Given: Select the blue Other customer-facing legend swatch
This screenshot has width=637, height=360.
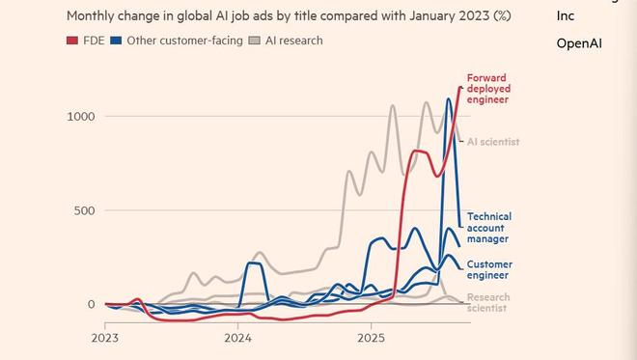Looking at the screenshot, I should [116, 41].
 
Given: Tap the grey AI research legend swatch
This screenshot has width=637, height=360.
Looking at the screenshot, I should [254, 41].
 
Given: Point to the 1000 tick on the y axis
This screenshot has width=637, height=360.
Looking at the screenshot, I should [81, 116].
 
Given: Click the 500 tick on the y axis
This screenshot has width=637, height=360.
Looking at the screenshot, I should [85, 210].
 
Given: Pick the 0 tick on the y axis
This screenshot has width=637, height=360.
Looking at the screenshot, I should [91, 304].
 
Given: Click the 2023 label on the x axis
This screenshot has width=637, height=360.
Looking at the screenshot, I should [105, 339].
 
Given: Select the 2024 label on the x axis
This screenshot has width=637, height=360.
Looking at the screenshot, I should [238, 339].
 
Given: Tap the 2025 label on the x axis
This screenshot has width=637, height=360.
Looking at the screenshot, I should [372, 339].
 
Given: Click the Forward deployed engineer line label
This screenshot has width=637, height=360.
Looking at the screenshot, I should [487, 89].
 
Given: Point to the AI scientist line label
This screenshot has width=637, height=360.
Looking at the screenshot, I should [493, 142].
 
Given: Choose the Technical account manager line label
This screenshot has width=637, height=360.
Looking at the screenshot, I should [489, 228].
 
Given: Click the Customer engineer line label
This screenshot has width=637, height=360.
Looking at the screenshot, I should [489, 269].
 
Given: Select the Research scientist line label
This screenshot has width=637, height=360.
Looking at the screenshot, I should [488, 303].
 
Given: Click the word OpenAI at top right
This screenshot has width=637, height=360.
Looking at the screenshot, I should [579, 43].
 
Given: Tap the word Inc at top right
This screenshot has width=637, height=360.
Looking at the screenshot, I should [567, 16].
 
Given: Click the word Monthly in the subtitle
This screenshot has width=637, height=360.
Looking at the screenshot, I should [92, 15].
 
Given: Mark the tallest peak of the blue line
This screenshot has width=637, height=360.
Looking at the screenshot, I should [449, 98].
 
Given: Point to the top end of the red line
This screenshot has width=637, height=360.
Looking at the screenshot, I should [460, 88].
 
